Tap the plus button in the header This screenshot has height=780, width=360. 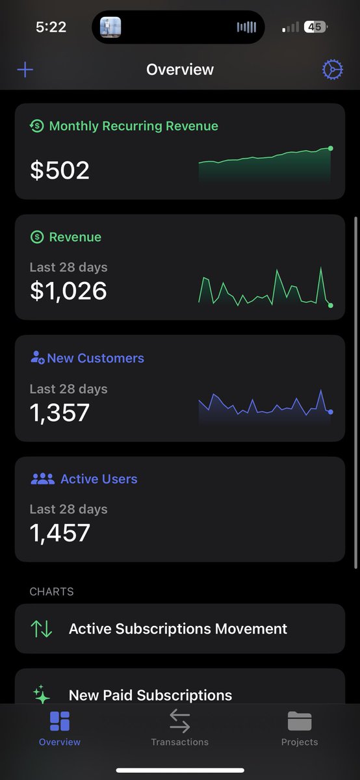pyautogui.click(x=25, y=70)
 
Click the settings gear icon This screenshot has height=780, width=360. pyautogui.click(x=333, y=70)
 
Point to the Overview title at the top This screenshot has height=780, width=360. pyautogui.click(x=180, y=70)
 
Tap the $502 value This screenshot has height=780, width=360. pyautogui.click(x=60, y=170)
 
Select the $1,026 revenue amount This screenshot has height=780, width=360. pyautogui.click(x=68, y=290)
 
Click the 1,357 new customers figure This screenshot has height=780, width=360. pyautogui.click(x=60, y=412)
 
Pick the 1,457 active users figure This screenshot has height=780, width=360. pyautogui.click(x=60, y=533)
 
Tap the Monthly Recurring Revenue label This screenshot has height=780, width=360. pyautogui.click(x=133, y=126)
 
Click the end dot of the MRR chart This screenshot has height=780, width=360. pyautogui.click(x=331, y=148)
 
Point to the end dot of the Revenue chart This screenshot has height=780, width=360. pyautogui.click(x=331, y=305)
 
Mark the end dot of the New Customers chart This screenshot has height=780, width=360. pyautogui.click(x=331, y=412)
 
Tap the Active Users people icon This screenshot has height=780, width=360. pyautogui.click(x=42, y=479)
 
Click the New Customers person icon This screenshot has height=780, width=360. pyautogui.click(x=37, y=358)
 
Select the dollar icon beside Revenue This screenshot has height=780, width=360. pyautogui.click(x=37, y=237)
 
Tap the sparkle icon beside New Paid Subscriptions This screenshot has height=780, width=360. pyautogui.click(x=42, y=694)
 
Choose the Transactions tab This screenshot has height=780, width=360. pyautogui.click(x=179, y=728)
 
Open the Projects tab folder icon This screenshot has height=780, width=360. pyautogui.click(x=300, y=721)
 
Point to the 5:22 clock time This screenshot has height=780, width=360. pyautogui.click(x=51, y=27)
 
